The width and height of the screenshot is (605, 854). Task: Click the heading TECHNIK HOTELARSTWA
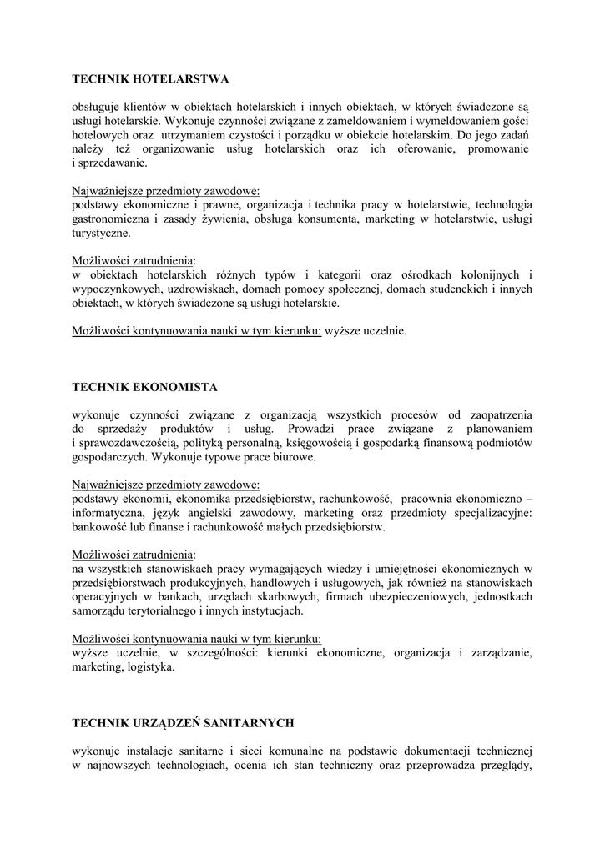[150, 79]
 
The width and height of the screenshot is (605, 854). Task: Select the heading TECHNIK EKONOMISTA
[145, 387]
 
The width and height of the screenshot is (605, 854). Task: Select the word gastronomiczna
[112, 219]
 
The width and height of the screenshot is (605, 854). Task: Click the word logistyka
[149, 667]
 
